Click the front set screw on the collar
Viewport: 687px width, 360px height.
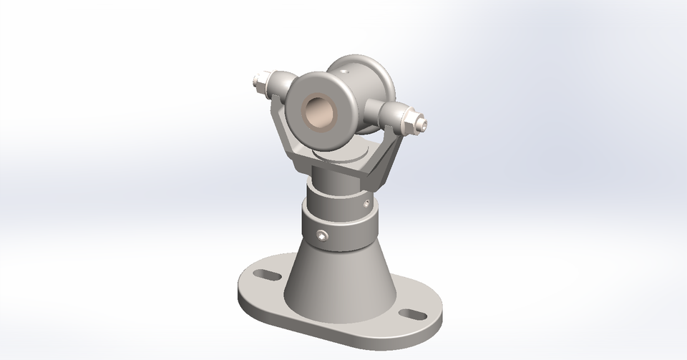coord(323,235)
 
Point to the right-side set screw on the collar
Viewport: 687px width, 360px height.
coord(367,205)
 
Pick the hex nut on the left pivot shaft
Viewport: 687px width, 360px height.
coord(273,84)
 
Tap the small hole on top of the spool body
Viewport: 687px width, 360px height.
coord(344,72)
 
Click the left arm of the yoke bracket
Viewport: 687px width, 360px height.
coord(285,136)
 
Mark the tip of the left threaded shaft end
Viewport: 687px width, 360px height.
coord(256,79)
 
